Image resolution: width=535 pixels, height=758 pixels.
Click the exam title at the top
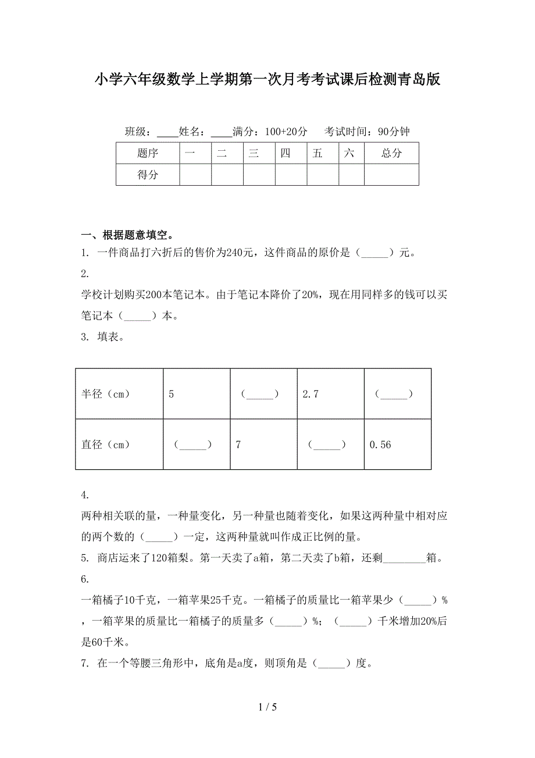(x=267, y=80)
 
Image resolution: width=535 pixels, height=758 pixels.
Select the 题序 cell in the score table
(x=148, y=154)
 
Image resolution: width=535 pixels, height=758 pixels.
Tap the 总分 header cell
(x=391, y=154)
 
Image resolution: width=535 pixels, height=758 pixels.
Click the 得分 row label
(x=148, y=175)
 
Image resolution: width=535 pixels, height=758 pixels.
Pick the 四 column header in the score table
(x=285, y=154)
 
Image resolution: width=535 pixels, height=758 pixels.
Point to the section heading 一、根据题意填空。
(x=127, y=236)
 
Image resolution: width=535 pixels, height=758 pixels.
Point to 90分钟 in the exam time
(x=394, y=132)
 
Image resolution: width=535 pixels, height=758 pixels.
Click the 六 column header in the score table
(x=349, y=154)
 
